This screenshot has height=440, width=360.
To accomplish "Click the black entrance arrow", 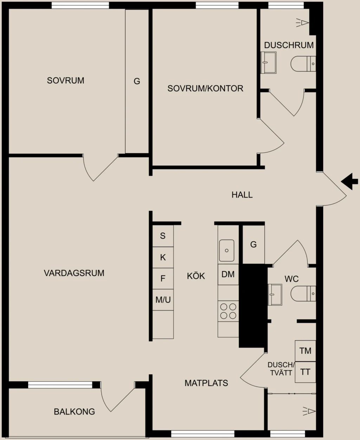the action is tap(349, 181).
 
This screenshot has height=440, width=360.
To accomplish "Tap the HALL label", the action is tap(242, 195).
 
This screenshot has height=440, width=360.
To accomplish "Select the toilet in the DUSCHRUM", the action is tap(303, 64).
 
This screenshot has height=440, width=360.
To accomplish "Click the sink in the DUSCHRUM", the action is tap(269, 63).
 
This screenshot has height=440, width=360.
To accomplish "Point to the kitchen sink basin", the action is tap(226, 250).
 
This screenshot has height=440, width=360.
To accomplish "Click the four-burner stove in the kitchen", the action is tap(228, 311).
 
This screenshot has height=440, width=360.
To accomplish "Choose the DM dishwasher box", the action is tap(228, 274).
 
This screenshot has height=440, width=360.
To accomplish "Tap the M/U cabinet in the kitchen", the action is tap(163, 300).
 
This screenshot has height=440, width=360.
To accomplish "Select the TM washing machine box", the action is tap(306, 351).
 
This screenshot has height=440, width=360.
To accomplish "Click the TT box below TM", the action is tap(306, 372).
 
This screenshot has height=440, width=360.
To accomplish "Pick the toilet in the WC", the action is tap(303, 294).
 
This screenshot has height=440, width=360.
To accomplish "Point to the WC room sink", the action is tap(275, 294).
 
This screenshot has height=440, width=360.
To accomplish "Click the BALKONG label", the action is tap(75, 412).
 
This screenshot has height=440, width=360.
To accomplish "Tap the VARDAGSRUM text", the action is tap(74, 273).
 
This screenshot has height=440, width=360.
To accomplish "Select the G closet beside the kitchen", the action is tap(253, 244).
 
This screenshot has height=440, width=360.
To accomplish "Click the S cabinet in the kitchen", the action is tap(163, 236).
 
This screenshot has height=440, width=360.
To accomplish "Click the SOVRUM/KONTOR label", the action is tap(205, 89).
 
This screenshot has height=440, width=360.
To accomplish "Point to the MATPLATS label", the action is tap(206, 383).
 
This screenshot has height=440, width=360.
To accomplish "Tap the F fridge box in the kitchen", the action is tap(163, 279).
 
